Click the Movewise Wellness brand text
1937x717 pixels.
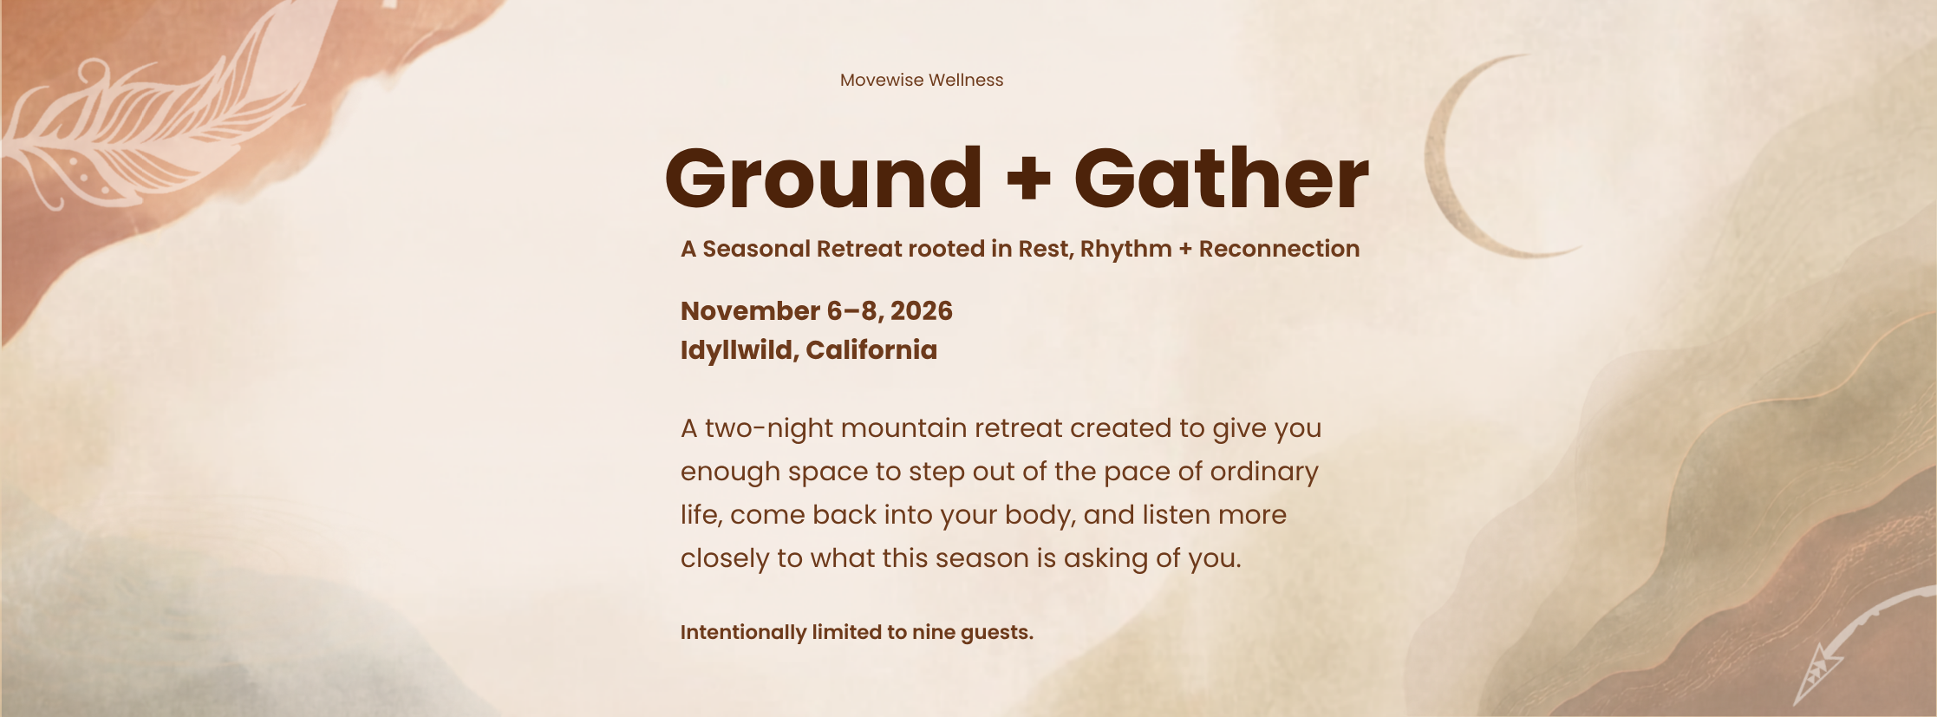922,80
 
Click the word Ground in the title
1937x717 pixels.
824,179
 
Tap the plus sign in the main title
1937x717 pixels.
1028,180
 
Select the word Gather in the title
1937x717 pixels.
1222,179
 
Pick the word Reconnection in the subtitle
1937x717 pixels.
1280,249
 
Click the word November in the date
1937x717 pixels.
750,310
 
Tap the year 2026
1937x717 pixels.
922,310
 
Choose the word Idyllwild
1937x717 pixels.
740,351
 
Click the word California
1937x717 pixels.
871,349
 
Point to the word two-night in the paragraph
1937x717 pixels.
769,429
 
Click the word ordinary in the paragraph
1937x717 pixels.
1264,473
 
